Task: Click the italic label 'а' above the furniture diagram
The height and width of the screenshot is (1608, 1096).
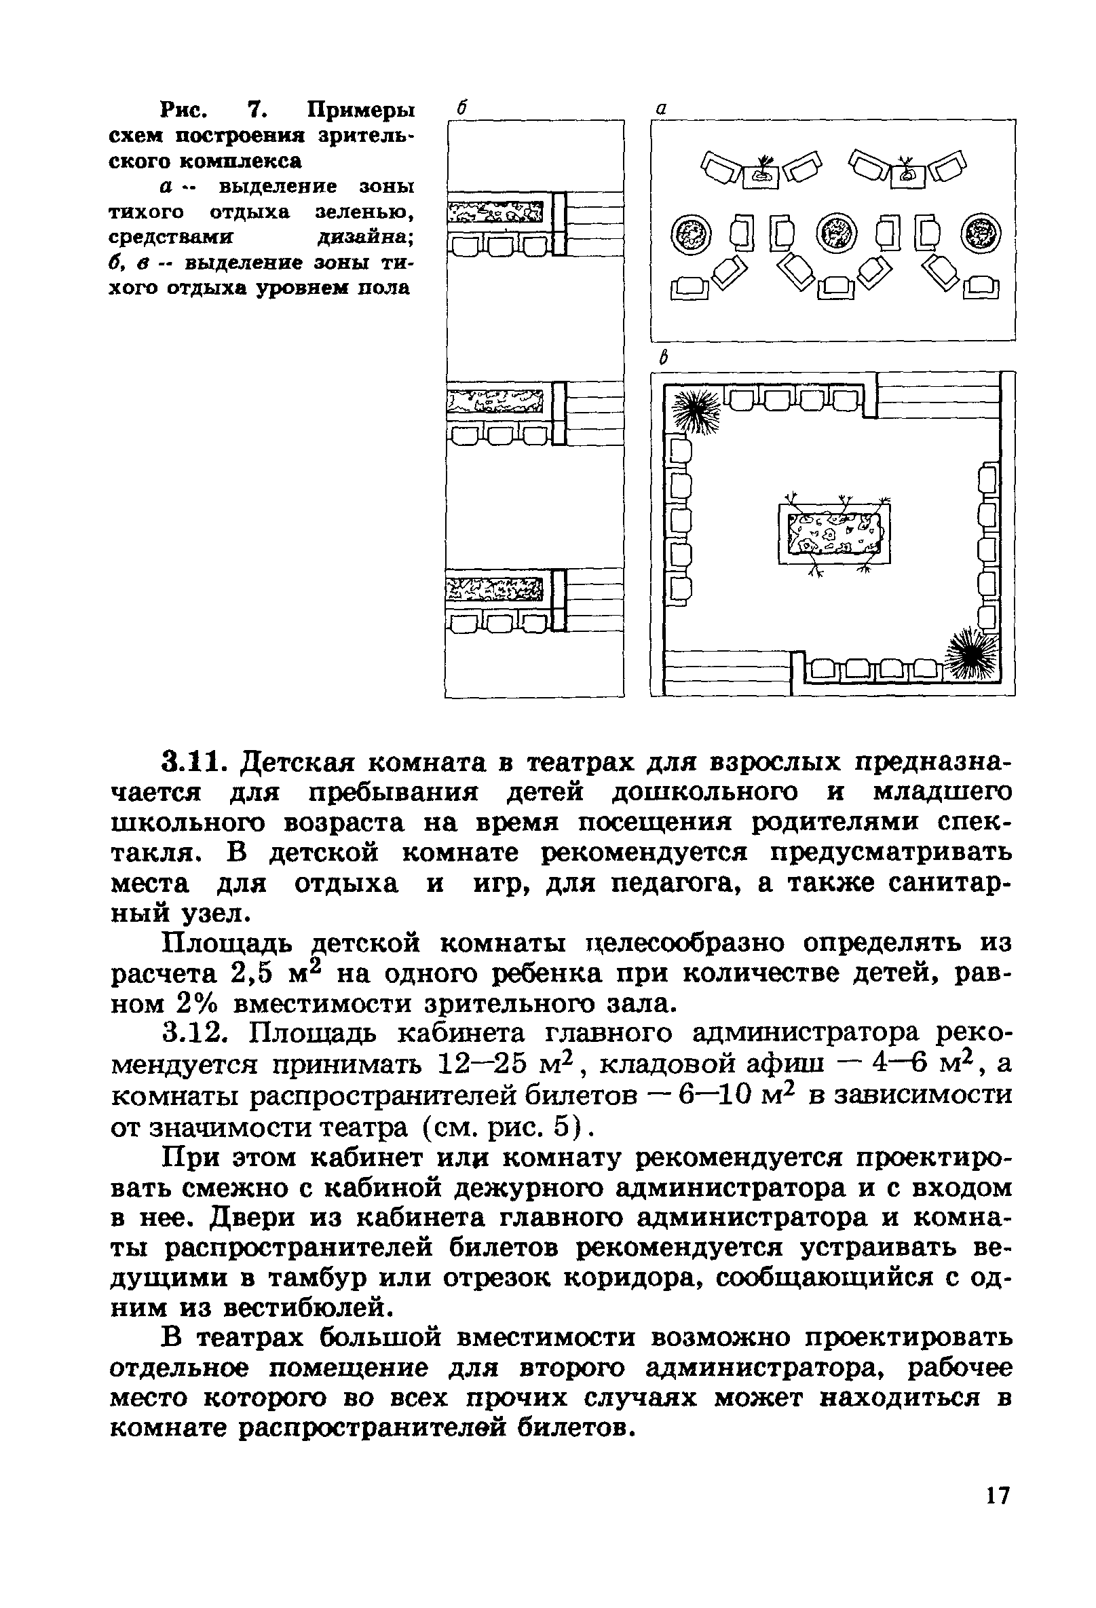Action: click(x=661, y=109)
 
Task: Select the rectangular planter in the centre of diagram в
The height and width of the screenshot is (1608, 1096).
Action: click(x=834, y=533)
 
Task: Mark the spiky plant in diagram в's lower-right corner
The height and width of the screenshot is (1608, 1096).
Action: click(x=973, y=652)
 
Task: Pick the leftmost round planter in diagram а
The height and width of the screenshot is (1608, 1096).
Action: click(x=692, y=233)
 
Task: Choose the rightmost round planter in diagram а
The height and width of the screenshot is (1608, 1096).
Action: click(x=982, y=233)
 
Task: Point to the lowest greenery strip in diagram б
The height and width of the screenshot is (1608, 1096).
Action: click(x=494, y=588)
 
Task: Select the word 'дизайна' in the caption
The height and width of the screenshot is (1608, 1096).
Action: click(x=364, y=238)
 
